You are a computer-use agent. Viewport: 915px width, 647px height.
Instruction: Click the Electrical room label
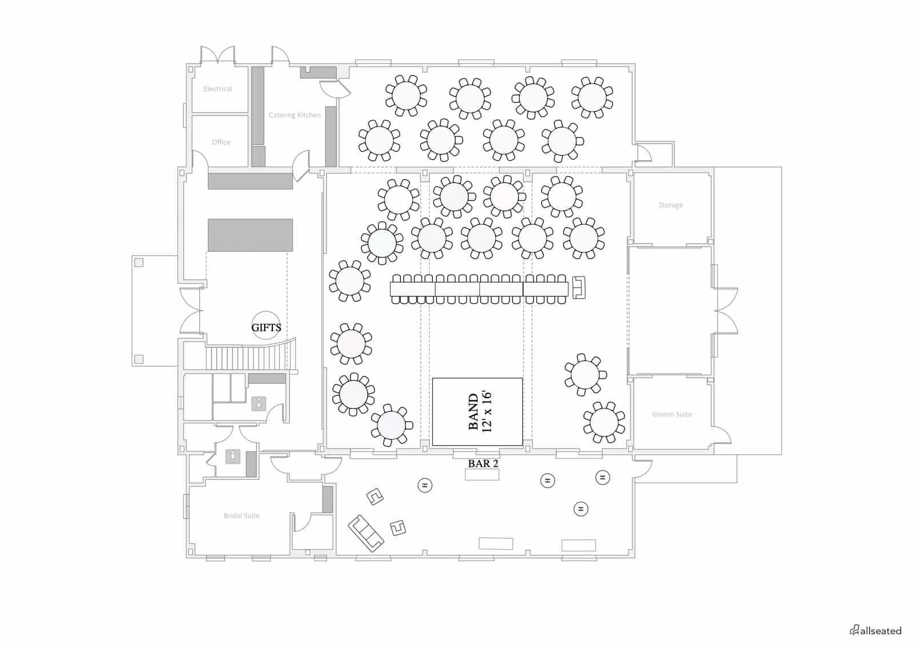218,89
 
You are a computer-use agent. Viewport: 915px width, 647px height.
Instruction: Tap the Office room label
221,142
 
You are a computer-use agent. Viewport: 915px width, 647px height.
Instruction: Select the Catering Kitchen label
295,115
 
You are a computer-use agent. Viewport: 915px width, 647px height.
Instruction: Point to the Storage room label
670,205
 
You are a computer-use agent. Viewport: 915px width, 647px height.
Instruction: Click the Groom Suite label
671,414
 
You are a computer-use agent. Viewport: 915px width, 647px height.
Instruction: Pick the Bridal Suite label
241,515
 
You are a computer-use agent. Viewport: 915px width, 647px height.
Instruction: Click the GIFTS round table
266,326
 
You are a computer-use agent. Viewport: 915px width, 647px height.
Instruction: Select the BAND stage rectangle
477,411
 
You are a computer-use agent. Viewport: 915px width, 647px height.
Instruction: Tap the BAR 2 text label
483,463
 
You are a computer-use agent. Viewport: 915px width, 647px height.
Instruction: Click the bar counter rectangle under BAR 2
482,474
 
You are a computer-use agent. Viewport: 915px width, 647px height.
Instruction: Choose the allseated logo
875,630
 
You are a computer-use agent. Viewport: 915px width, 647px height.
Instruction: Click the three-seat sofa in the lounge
365,533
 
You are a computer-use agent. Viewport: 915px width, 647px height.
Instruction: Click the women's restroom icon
258,404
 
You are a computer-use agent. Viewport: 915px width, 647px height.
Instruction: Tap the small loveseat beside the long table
579,287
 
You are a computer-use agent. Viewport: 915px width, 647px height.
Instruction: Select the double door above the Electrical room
218,55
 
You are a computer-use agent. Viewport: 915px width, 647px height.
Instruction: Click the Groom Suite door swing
722,435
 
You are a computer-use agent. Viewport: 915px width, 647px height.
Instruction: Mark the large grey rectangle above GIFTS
250,235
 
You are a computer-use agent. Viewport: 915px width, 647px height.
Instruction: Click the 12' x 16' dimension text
487,411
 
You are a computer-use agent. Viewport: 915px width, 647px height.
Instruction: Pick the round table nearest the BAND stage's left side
391,425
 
